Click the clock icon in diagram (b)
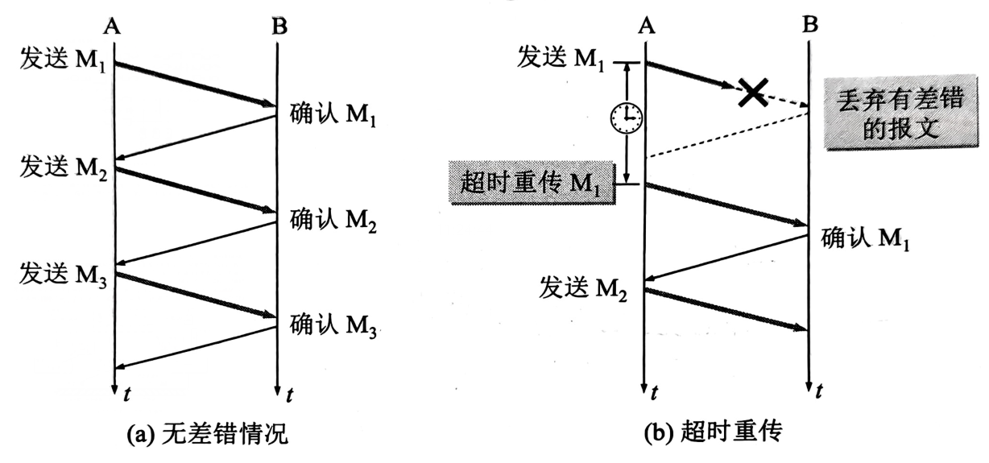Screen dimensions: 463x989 tap(626, 120)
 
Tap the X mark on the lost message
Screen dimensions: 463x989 tap(752, 93)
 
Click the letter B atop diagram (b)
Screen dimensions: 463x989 tap(810, 25)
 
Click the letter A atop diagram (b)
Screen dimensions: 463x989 tap(644, 25)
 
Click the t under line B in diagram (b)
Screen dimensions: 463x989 tap(820, 391)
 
